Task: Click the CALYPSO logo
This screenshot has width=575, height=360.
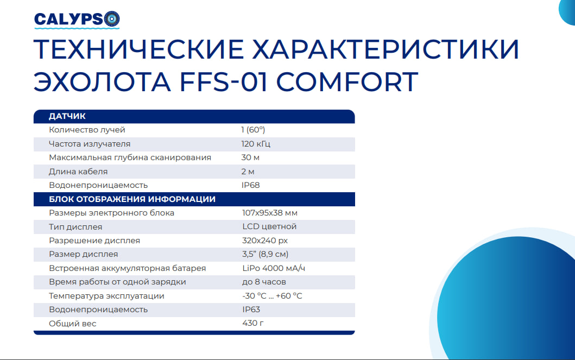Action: (77, 20)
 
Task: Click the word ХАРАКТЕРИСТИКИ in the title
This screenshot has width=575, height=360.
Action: (386, 49)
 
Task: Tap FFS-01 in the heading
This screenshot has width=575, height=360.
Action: (223, 81)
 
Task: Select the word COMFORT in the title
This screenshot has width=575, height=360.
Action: (347, 81)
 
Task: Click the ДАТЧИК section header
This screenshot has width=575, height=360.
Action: (67, 116)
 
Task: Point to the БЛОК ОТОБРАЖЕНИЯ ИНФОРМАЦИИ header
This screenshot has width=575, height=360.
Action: (132, 199)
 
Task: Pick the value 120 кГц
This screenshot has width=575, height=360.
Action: (256, 144)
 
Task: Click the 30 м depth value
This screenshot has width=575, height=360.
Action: (250, 157)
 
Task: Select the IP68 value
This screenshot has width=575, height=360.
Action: (250, 185)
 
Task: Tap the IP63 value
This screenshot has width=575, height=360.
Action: (251, 310)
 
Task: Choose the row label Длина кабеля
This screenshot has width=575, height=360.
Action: (78, 172)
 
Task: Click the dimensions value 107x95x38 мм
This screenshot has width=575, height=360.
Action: (269, 213)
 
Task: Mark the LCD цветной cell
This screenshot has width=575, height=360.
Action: (269, 226)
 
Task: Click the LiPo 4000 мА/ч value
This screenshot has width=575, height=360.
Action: (274, 268)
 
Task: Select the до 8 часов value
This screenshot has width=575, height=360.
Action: (264, 282)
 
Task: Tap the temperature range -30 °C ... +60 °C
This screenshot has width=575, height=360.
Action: (272, 296)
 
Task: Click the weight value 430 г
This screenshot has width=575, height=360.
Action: (253, 323)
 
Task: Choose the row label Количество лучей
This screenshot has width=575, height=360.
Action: (87, 130)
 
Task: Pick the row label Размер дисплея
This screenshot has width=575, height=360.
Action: (83, 255)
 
